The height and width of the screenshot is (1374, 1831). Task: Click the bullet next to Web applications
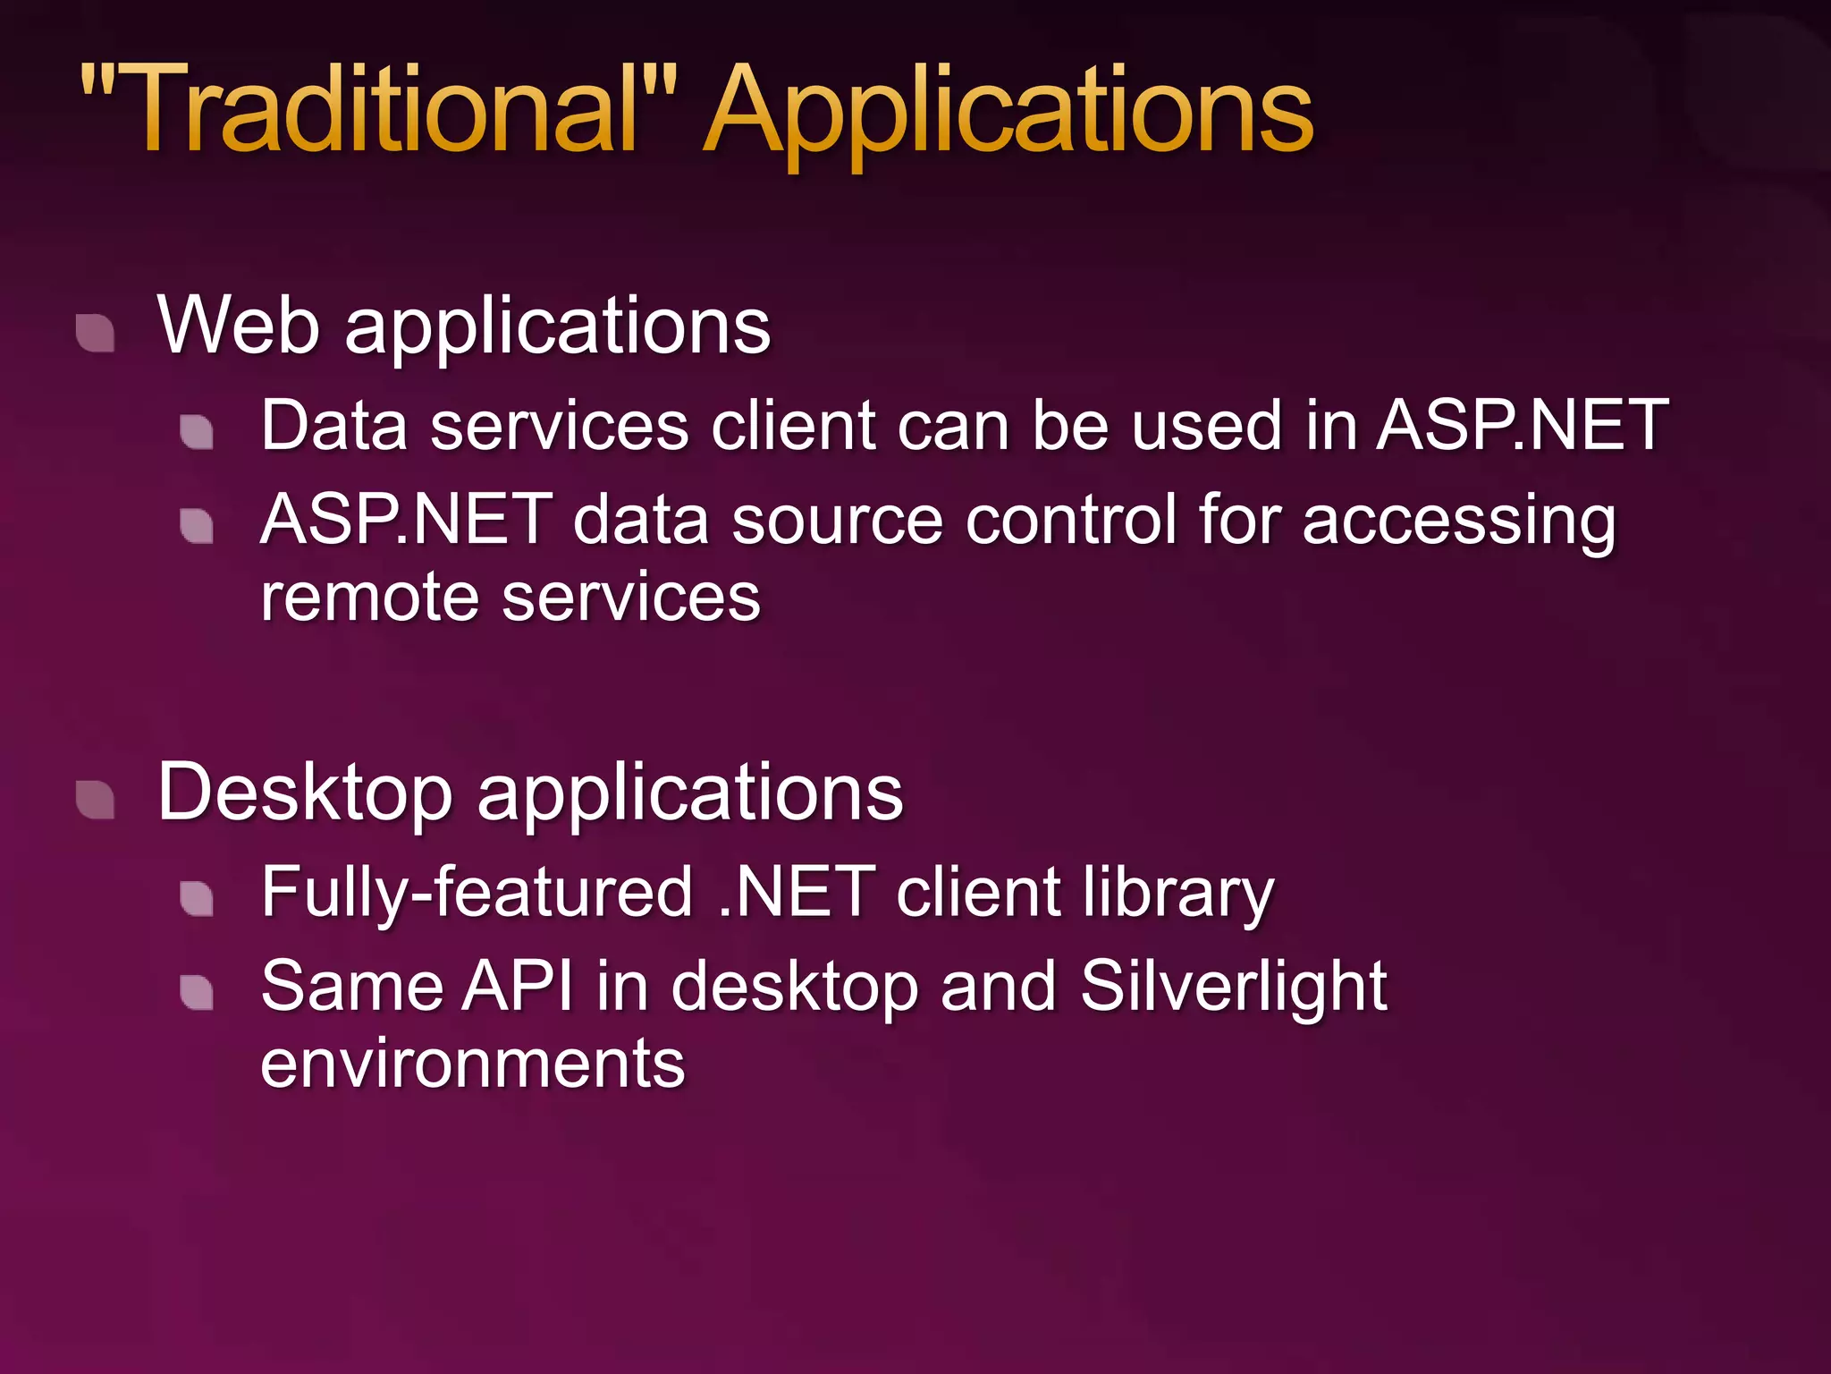click(x=96, y=334)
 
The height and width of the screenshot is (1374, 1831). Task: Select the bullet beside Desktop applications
click(x=96, y=800)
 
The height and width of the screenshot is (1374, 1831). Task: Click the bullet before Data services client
click(x=197, y=432)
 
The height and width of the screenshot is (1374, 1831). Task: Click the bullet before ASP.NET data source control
click(x=197, y=526)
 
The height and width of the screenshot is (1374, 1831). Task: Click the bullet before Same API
click(x=197, y=992)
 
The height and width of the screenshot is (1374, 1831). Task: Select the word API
click(x=519, y=986)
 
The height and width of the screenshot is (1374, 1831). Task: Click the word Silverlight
click(x=1234, y=986)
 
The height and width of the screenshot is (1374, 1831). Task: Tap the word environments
click(x=473, y=1064)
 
